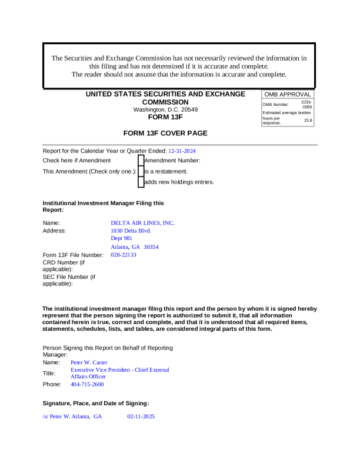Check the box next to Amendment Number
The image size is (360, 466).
[141, 161]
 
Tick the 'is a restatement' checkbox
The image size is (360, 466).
[141, 171]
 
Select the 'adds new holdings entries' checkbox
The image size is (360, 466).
[141, 182]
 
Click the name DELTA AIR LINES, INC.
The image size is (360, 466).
[142, 223]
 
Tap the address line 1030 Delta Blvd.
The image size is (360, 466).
[131, 231]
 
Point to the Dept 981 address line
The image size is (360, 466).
[122, 239]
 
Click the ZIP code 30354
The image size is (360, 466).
[151, 247]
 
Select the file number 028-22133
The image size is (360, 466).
[124, 255]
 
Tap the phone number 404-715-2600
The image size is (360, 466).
[87, 384]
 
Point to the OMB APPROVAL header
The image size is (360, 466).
[288, 94]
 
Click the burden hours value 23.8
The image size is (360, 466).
[308, 120]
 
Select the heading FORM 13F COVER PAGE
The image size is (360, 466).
[165, 134]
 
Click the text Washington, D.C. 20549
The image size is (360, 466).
[165, 109]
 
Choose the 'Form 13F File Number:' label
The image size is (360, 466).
[73, 255]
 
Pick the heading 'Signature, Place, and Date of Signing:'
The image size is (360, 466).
[96, 403]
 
